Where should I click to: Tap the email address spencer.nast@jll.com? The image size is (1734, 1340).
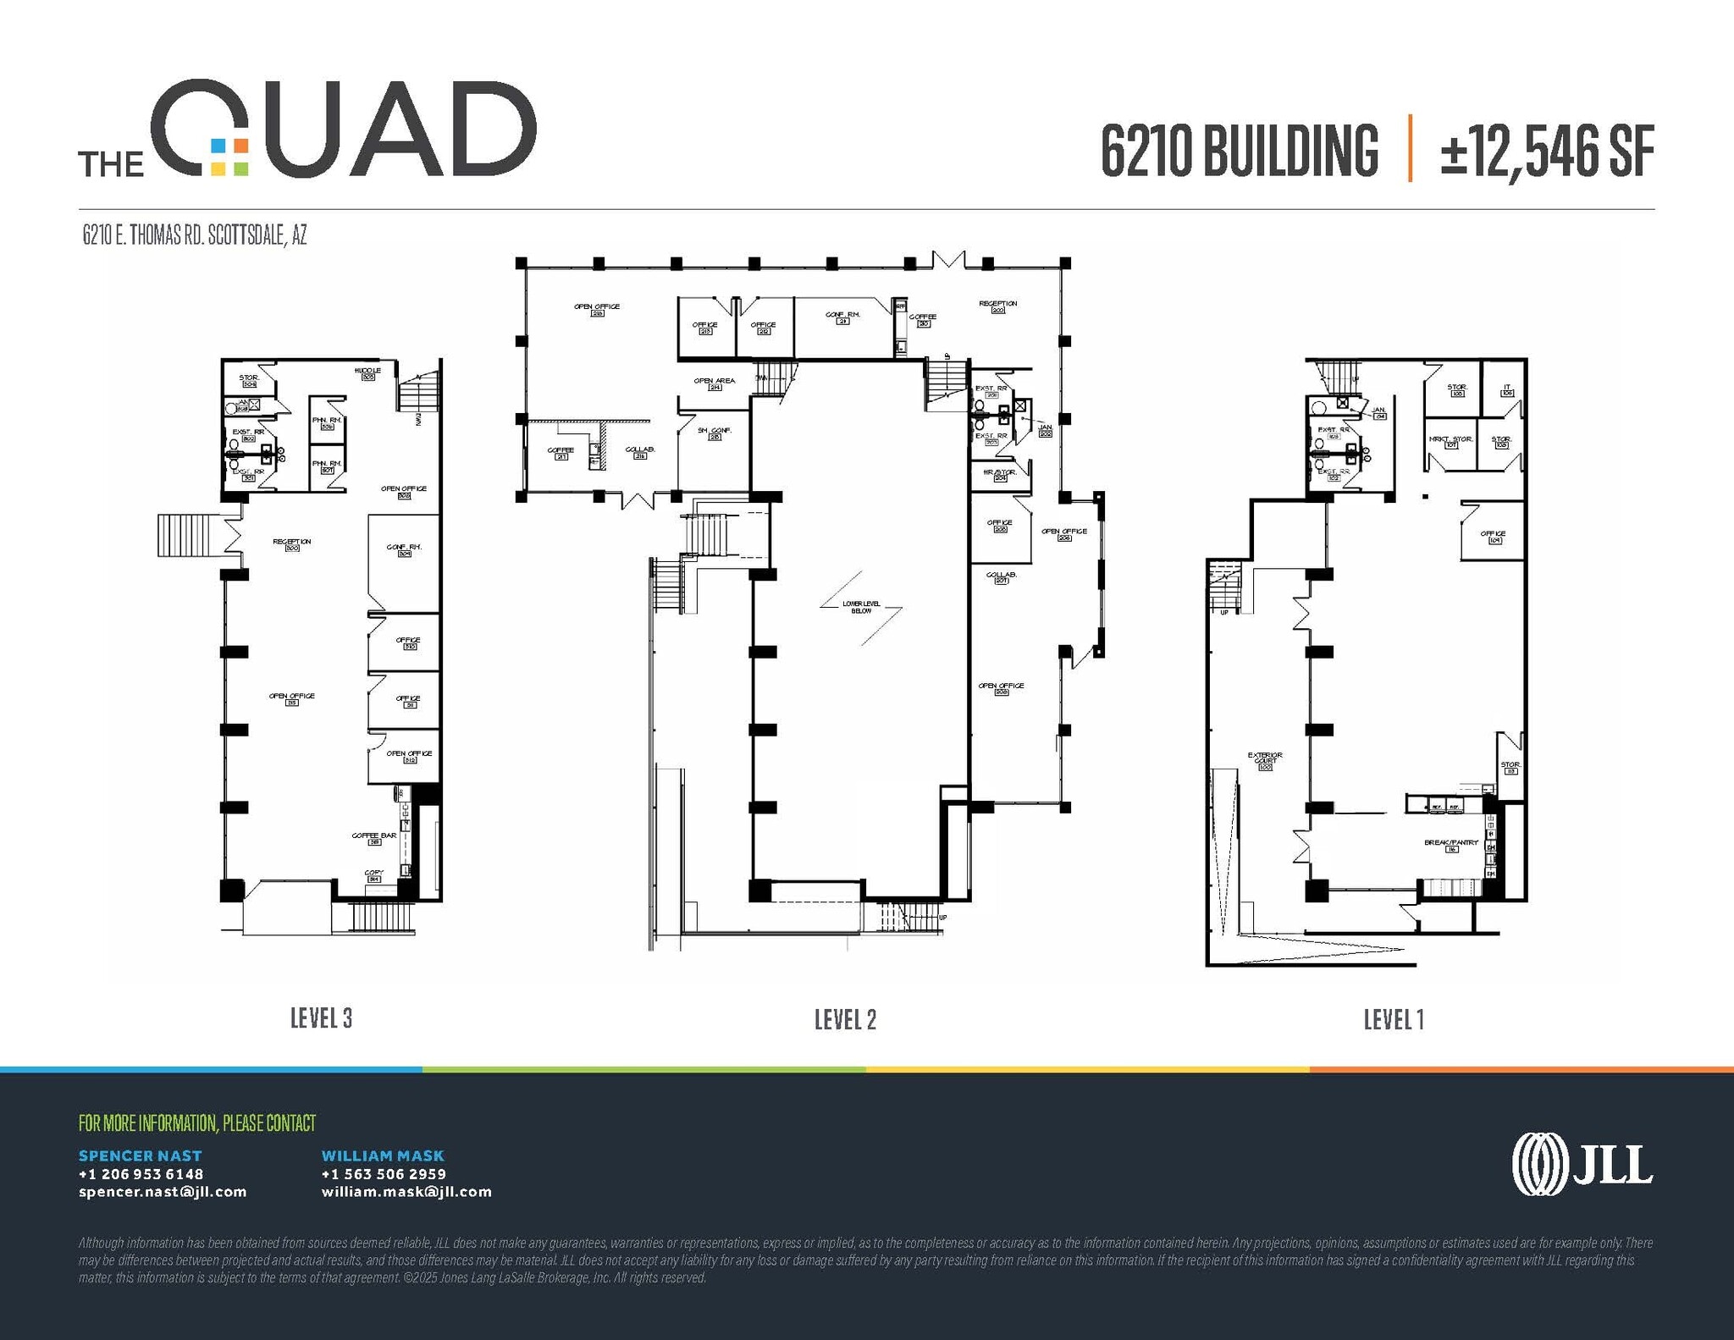163,1192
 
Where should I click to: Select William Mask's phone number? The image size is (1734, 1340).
384,1174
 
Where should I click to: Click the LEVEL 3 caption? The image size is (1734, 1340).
321,1017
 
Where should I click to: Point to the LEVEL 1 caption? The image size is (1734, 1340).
1394,1019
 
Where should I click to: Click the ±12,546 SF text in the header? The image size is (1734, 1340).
1547,152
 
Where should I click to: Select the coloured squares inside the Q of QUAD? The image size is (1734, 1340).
229,157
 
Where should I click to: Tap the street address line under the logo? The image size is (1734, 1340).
195,235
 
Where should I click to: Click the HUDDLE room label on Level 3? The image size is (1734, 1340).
367,371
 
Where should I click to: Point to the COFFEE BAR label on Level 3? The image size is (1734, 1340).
374,835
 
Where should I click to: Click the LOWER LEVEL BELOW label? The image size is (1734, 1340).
861,607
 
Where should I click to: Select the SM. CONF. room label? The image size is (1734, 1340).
714,431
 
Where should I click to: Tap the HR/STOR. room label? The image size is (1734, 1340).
999,472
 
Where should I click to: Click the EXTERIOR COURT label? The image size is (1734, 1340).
1265,758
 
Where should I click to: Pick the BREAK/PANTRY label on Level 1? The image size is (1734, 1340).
1451,843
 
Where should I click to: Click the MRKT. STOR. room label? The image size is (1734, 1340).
1451,439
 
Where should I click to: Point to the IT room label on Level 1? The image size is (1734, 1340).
1507,389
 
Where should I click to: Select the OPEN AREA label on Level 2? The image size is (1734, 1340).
715,381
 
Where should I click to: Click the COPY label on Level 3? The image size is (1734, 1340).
373,873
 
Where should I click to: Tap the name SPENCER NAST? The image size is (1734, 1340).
141,1155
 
